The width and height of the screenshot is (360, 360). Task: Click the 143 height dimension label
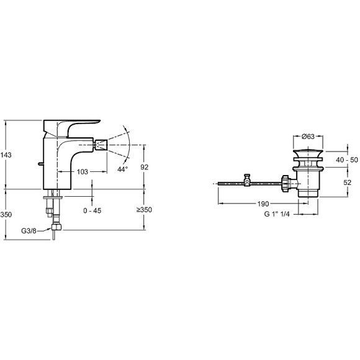click(6, 155)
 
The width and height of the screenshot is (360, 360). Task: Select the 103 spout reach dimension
click(82, 171)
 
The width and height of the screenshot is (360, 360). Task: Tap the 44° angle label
click(123, 169)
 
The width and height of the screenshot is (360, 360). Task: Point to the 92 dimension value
click(145, 167)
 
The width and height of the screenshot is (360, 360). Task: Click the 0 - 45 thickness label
click(92, 210)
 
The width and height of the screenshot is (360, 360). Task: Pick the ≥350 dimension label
click(144, 210)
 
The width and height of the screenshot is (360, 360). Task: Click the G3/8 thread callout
click(29, 231)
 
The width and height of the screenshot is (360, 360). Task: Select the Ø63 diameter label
click(308, 137)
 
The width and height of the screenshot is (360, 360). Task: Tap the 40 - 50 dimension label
click(347, 160)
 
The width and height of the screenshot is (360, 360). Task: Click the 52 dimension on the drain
click(348, 182)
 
